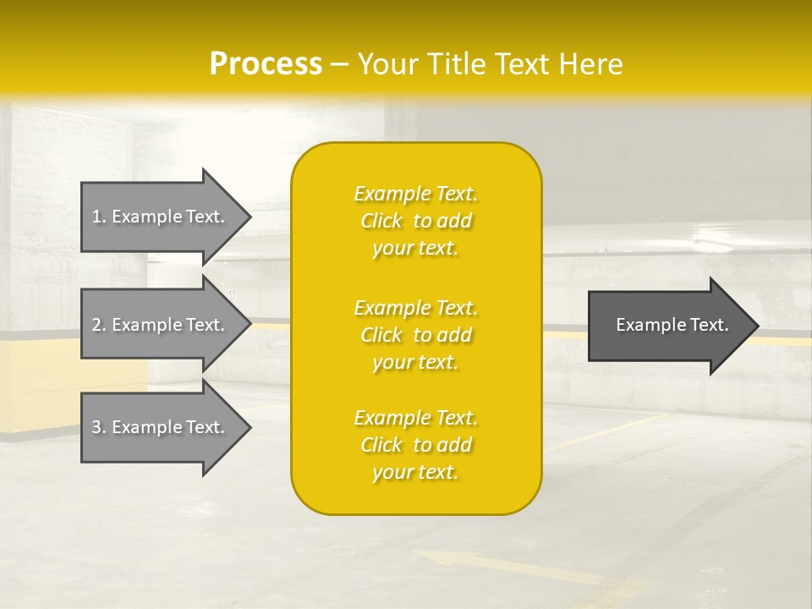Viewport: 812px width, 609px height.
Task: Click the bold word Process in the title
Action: click(266, 64)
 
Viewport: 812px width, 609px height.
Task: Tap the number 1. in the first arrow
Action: click(99, 217)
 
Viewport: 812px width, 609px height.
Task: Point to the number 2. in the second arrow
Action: click(99, 325)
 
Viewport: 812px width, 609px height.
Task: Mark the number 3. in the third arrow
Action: click(99, 427)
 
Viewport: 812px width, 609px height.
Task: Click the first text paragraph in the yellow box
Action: click(415, 221)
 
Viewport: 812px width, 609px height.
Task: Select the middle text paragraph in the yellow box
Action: click(415, 335)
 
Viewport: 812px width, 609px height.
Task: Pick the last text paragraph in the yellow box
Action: click(415, 445)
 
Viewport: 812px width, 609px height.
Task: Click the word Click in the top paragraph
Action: click(381, 221)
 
